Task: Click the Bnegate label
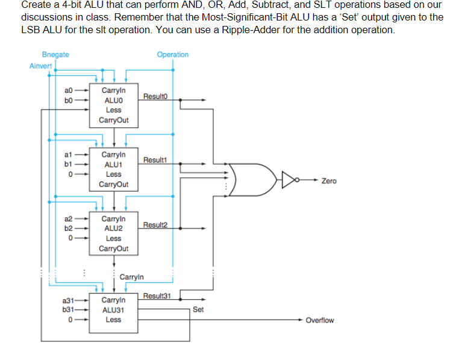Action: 55,54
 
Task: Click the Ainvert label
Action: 41,66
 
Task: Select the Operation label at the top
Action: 172,54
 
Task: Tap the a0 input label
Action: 70,90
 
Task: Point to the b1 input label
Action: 70,163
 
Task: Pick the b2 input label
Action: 70,228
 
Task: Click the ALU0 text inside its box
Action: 113,99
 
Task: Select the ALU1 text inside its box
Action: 113,164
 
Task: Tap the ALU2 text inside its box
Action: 113,229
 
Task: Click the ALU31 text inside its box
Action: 113,310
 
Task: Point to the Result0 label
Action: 155,96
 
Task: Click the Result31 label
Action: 158,295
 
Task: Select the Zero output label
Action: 329,181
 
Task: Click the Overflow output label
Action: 319,320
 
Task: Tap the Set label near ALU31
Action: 198,309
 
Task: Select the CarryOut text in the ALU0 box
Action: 113,120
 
